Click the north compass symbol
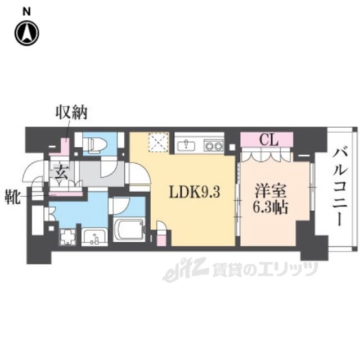coord(27,33)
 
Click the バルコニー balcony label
coord(340,186)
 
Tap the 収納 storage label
coord(70,114)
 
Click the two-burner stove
coord(213,145)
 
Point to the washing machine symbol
coord(67,236)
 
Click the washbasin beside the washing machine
coord(93,237)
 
